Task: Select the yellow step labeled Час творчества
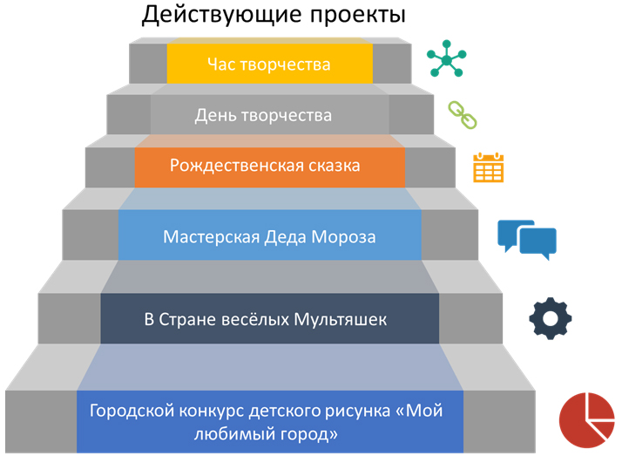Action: point(269,64)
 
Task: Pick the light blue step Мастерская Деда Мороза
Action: point(269,236)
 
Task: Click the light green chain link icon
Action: point(459,114)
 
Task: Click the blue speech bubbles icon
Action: point(526,237)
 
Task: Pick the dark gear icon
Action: point(551,319)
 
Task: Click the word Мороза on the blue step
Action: point(345,236)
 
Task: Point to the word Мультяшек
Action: point(344,319)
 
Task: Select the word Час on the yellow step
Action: point(222,64)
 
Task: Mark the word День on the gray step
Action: point(213,114)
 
